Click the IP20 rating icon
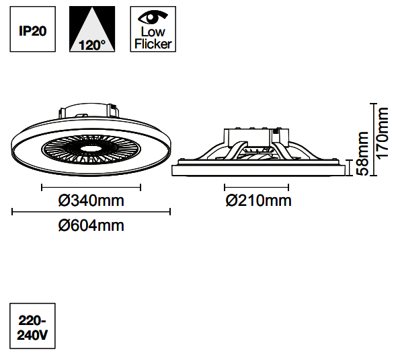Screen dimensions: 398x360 point(33,29)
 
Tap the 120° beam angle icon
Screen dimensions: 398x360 point(92,29)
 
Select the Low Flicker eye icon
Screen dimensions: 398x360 point(153,29)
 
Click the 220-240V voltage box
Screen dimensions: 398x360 point(32,326)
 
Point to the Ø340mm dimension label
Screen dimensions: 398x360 point(91,201)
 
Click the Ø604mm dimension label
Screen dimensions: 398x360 point(91,225)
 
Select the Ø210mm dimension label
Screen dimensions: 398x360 point(259,201)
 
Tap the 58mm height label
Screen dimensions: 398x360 point(362,153)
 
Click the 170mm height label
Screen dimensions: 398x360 point(383,133)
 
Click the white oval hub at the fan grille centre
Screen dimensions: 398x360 point(91,149)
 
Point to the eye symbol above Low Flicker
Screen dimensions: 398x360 point(153,17)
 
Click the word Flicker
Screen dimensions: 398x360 point(153,44)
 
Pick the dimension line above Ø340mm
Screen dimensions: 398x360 point(91,188)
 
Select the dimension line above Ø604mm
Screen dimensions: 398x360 point(91,212)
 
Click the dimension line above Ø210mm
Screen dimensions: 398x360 point(256,188)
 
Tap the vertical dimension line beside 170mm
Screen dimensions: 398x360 point(373,139)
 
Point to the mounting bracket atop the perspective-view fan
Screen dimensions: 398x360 point(89,110)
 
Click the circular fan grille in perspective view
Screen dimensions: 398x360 point(91,149)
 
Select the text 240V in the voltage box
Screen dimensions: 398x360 point(32,335)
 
